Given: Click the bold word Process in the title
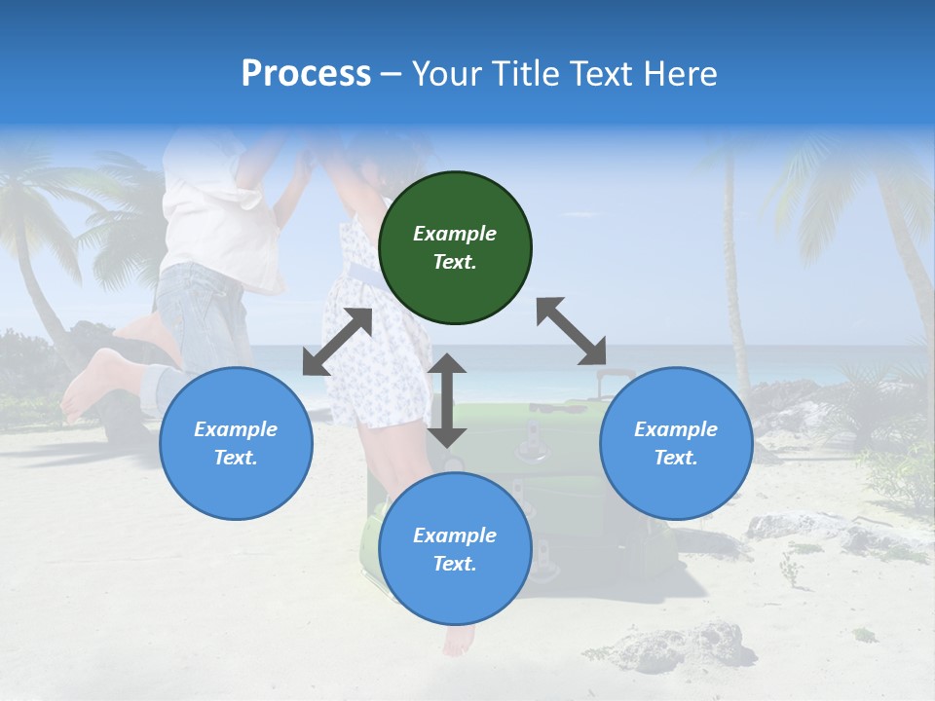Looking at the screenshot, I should click(x=306, y=74).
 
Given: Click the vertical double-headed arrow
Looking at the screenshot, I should click(x=447, y=400).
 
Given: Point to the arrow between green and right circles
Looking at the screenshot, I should click(x=571, y=331).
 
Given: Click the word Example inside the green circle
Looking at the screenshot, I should click(x=455, y=234).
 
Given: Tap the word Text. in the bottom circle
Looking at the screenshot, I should click(x=455, y=564).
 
